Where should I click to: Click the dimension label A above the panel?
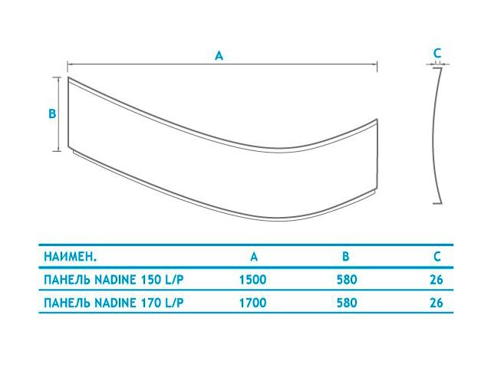pos(219,56)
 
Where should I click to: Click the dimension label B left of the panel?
pos(52,113)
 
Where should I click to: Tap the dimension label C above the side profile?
pos(437,53)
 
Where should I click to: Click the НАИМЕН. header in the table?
pos(70,257)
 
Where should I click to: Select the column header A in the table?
pos(254,257)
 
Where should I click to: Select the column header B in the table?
pos(345,257)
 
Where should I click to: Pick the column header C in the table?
pos(437,257)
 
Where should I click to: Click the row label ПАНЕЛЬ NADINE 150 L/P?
pos(114,279)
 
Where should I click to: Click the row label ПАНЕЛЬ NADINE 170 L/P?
pos(114,303)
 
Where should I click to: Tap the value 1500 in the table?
pos(252,279)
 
